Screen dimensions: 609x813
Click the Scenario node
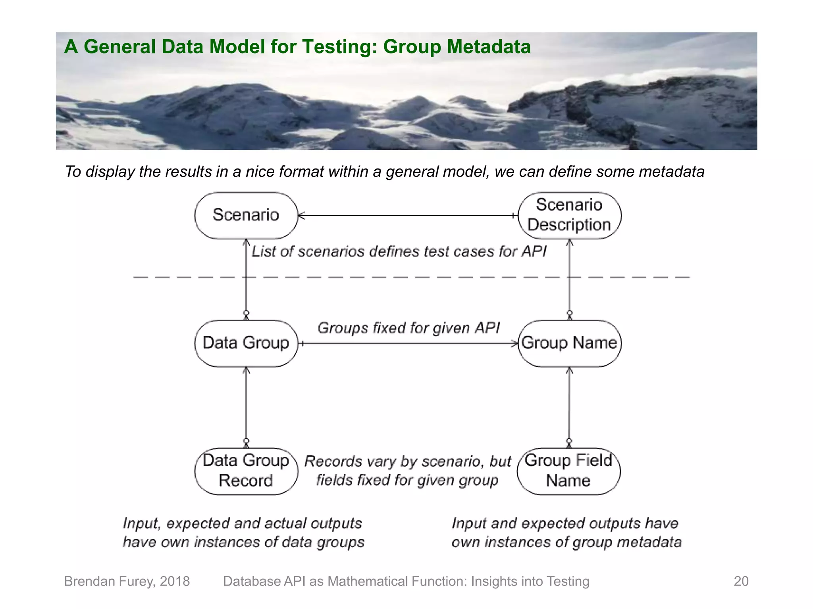[246, 215]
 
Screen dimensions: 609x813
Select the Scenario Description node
[569, 215]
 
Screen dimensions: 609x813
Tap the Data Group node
[246, 343]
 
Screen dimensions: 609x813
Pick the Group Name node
[569, 343]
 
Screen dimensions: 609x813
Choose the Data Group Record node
[246, 471]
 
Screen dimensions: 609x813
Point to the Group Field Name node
[568, 471]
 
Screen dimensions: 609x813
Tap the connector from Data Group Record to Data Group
[246, 406]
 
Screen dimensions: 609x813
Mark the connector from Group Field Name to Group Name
[569, 406]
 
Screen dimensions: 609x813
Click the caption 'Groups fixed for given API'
[408, 328]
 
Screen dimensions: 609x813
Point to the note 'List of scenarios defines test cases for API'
[399, 251]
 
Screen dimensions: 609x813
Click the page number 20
[741, 581]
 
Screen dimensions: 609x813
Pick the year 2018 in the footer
[175, 581]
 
